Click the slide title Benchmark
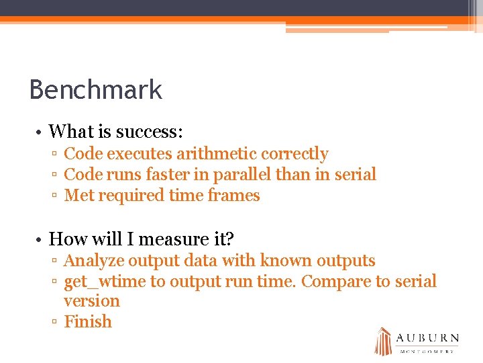pos(96,89)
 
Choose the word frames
pos(233,196)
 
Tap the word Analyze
pos(93,261)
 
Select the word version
pos(91,301)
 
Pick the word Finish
pos(87,322)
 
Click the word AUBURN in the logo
pos(427,338)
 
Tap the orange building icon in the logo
pos(382,341)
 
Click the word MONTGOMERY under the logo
pos(427,352)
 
